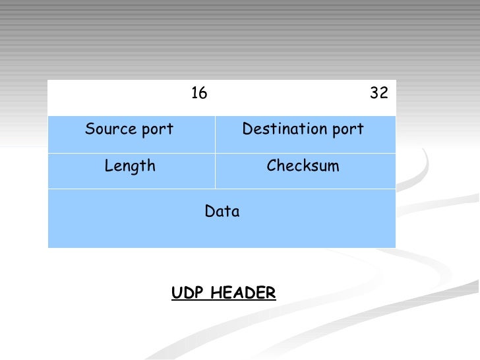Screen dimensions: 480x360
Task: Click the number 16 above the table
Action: tap(199, 93)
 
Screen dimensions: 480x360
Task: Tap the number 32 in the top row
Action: tap(379, 93)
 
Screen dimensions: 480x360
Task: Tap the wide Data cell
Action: tap(222, 218)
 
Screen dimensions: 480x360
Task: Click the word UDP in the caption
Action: tap(185, 293)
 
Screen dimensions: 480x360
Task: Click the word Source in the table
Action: tap(107, 129)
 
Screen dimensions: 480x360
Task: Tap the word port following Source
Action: tap(158, 130)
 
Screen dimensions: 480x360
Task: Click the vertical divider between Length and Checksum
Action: tap(215, 171)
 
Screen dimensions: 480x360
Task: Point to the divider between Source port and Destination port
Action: tap(215, 135)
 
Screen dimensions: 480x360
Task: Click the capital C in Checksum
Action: tap(271, 166)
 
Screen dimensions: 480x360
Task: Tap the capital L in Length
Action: tap(108, 166)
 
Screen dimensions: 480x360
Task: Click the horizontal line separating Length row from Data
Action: tap(222, 189)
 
